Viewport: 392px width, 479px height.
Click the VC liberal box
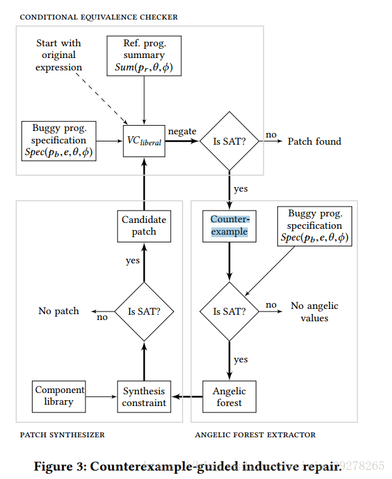pyautogui.click(x=144, y=141)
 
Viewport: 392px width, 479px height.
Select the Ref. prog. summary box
pyautogui.click(x=143, y=56)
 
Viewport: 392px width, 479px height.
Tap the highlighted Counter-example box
pyautogui.click(x=229, y=225)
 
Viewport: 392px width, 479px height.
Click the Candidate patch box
pyautogui.click(x=143, y=225)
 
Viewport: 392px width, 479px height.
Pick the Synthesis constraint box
pyautogui.click(x=143, y=396)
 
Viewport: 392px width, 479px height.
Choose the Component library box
pyautogui.click(x=59, y=396)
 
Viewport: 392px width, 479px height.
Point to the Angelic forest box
pyautogui.click(x=229, y=396)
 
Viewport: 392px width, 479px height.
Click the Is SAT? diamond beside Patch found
pyautogui.click(x=229, y=141)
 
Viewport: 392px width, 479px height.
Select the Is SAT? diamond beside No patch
pyautogui.click(x=143, y=312)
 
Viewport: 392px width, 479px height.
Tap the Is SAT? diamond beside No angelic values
pyautogui.click(x=229, y=312)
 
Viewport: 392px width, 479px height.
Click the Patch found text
pyautogui.click(x=314, y=141)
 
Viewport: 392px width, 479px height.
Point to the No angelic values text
pyautogui.click(x=314, y=312)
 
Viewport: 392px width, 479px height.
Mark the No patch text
pyautogui.click(x=59, y=312)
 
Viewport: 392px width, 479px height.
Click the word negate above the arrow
pyautogui.click(x=182, y=131)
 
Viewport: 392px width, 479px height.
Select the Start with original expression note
pyautogui.click(x=59, y=55)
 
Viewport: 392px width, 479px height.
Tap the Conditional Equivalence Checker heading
pyautogui.click(x=98, y=16)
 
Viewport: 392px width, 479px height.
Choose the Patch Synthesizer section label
pyautogui.click(x=62, y=435)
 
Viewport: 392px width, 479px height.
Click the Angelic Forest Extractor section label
pyautogui.click(x=255, y=435)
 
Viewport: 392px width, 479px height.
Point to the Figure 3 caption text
pyautogui.click(x=215, y=466)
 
